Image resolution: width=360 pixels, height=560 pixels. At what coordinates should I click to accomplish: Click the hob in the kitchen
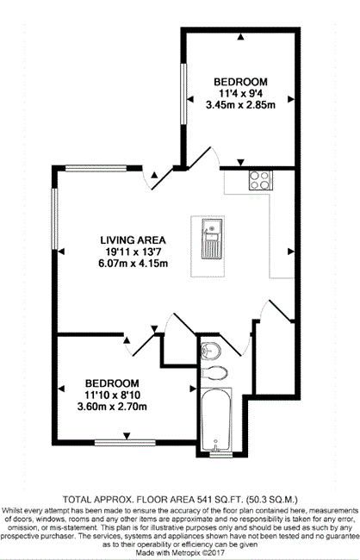pos(261,180)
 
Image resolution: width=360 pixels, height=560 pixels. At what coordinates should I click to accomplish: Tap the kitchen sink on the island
pos(212,239)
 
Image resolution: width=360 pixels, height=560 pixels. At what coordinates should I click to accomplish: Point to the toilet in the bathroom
pos(214,373)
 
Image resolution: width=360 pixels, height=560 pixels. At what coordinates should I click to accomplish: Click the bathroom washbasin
pos(211,351)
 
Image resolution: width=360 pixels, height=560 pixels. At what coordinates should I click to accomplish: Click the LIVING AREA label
pos(133,240)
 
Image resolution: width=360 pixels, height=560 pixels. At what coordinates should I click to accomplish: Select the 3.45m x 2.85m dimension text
pos(240,105)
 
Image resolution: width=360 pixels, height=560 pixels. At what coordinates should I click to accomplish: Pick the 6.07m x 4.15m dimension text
pos(133,264)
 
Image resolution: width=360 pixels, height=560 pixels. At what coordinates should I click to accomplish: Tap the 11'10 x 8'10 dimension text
pos(112,395)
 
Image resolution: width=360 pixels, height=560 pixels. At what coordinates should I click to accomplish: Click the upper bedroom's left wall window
pos(183,94)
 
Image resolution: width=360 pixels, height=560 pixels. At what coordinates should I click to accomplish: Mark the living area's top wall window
pos(96,168)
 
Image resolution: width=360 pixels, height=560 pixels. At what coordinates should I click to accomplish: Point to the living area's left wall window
pos(54,219)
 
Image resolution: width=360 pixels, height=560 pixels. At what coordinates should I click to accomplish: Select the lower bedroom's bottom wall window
pos(125,443)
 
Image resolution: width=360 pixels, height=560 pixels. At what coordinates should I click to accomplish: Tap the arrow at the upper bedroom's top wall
pos(241,36)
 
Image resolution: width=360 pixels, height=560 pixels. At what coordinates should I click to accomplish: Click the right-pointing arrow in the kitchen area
pos(291,252)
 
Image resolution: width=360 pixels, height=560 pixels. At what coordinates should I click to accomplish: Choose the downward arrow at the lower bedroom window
pos(127,436)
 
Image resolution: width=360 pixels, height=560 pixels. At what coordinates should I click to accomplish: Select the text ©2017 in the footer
pos(214,552)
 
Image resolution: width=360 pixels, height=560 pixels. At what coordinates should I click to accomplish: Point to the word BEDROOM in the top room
pos(240,82)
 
